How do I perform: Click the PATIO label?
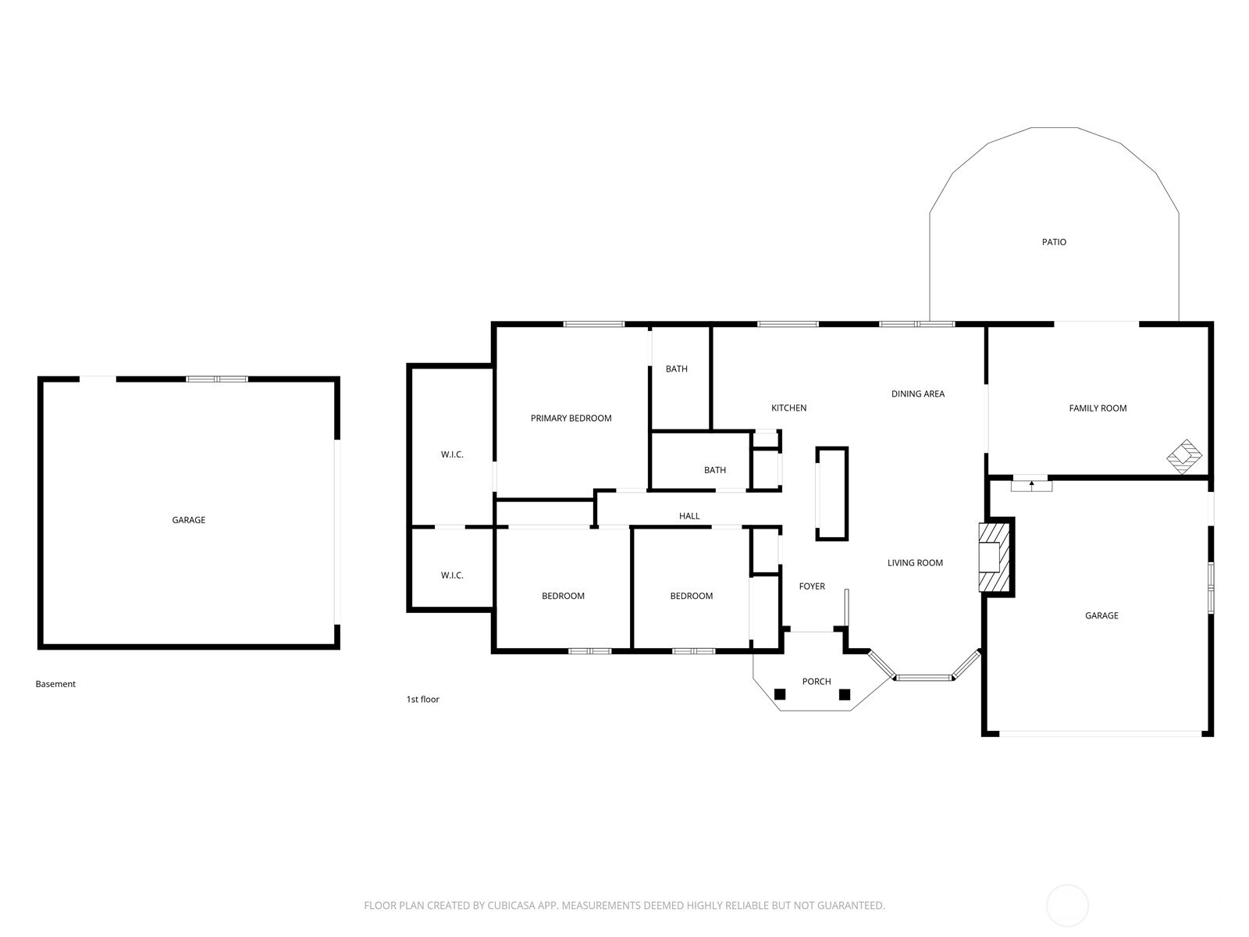pyautogui.click(x=1053, y=242)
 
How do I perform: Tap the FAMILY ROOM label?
pyautogui.click(x=1097, y=408)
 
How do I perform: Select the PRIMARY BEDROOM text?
pyautogui.click(x=571, y=419)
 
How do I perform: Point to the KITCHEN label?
pyautogui.click(x=788, y=408)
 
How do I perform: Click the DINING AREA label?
pyautogui.click(x=917, y=394)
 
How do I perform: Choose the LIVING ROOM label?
pyautogui.click(x=914, y=563)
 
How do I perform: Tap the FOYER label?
pyautogui.click(x=811, y=586)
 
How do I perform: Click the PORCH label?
pyautogui.click(x=816, y=681)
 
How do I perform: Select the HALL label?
pyautogui.click(x=689, y=516)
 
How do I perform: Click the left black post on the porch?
pyautogui.click(x=780, y=694)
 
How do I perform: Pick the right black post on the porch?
pyautogui.click(x=845, y=694)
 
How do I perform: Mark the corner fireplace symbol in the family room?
pyautogui.click(x=1184, y=456)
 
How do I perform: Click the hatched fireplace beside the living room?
pyautogui.click(x=994, y=557)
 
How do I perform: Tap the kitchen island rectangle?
pyautogui.click(x=831, y=493)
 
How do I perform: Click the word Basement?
pyautogui.click(x=55, y=684)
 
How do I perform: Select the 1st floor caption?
pyautogui.click(x=422, y=699)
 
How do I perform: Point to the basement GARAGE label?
pyautogui.click(x=188, y=520)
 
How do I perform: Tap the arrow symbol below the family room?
pyautogui.click(x=1031, y=485)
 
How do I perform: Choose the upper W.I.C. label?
pyautogui.click(x=452, y=454)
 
